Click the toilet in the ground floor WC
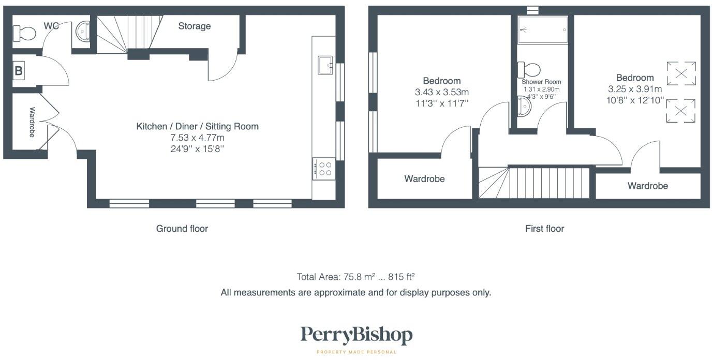[x=24, y=34]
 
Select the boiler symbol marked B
[x=19, y=71]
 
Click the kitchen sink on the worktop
[x=325, y=65]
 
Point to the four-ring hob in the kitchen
[x=324, y=169]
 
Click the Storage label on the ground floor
[x=195, y=26]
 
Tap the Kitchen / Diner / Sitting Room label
[x=197, y=126]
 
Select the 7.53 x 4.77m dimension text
[x=197, y=138]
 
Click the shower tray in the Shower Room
[x=543, y=30]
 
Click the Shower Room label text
[x=541, y=82]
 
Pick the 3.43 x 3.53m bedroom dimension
[x=441, y=92]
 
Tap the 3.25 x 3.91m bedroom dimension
[x=635, y=89]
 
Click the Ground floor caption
[x=182, y=229]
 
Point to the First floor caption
[x=544, y=229]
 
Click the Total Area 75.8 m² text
[x=355, y=277]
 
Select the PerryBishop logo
[x=356, y=336]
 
